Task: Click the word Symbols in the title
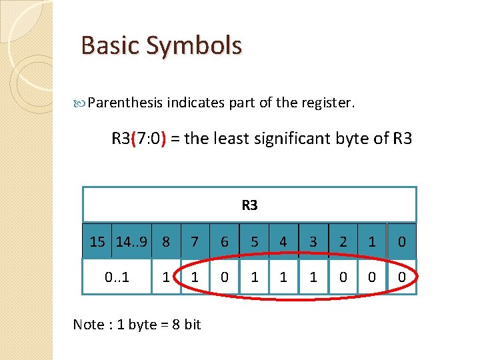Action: coord(196,46)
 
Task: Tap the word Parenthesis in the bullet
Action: coord(125,103)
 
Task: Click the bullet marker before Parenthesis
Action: coord(83,103)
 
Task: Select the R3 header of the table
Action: coord(249,205)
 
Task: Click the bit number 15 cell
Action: coord(97,241)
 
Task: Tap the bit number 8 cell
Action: coord(166,241)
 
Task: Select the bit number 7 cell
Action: coord(195,241)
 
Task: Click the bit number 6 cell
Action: coord(225,241)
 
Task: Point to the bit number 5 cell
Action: coord(254,241)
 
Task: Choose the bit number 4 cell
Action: coord(283,241)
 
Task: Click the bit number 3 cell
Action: coord(313,241)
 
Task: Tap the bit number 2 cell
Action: coord(343,241)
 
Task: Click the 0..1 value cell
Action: coord(117,275)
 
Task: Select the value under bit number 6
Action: coord(225,275)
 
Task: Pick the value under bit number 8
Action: coord(166,275)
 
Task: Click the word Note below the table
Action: coord(88,325)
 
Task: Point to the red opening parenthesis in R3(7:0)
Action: coord(134,139)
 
